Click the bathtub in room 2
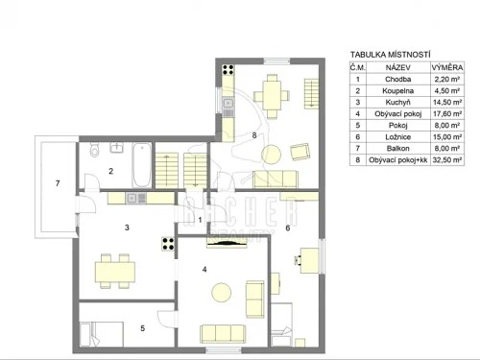click(x=140, y=164)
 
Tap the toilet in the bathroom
click(x=94, y=152)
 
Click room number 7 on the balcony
click(x=58, y=182)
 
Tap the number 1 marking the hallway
click(x=199, y=219)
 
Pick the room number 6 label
click(x=288, y=228)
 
